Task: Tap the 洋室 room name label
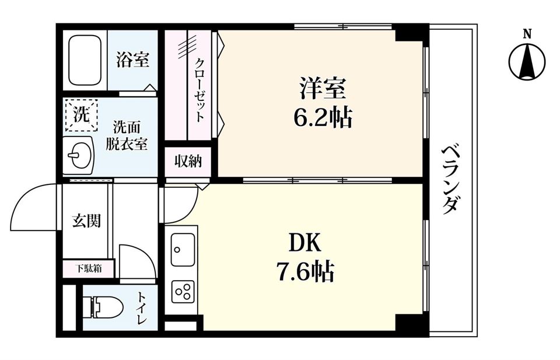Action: pyautogui.click(x=323, y=90)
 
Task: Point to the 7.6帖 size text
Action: pyautogui.click(x=305, y=271)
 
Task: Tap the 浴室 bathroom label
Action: pyautogui.click(x=132, y=60)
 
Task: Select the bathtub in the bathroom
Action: pyautogui.click(x=85, y=60)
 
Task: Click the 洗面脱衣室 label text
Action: pyautogui.click(x=127, y=135)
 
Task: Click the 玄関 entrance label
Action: pyautogui.click(x=86, y=221)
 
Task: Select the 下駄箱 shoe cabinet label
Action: pyautogui.click(x=89, y=269)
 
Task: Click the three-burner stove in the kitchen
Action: pyautogui.click(x=184, y=291)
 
